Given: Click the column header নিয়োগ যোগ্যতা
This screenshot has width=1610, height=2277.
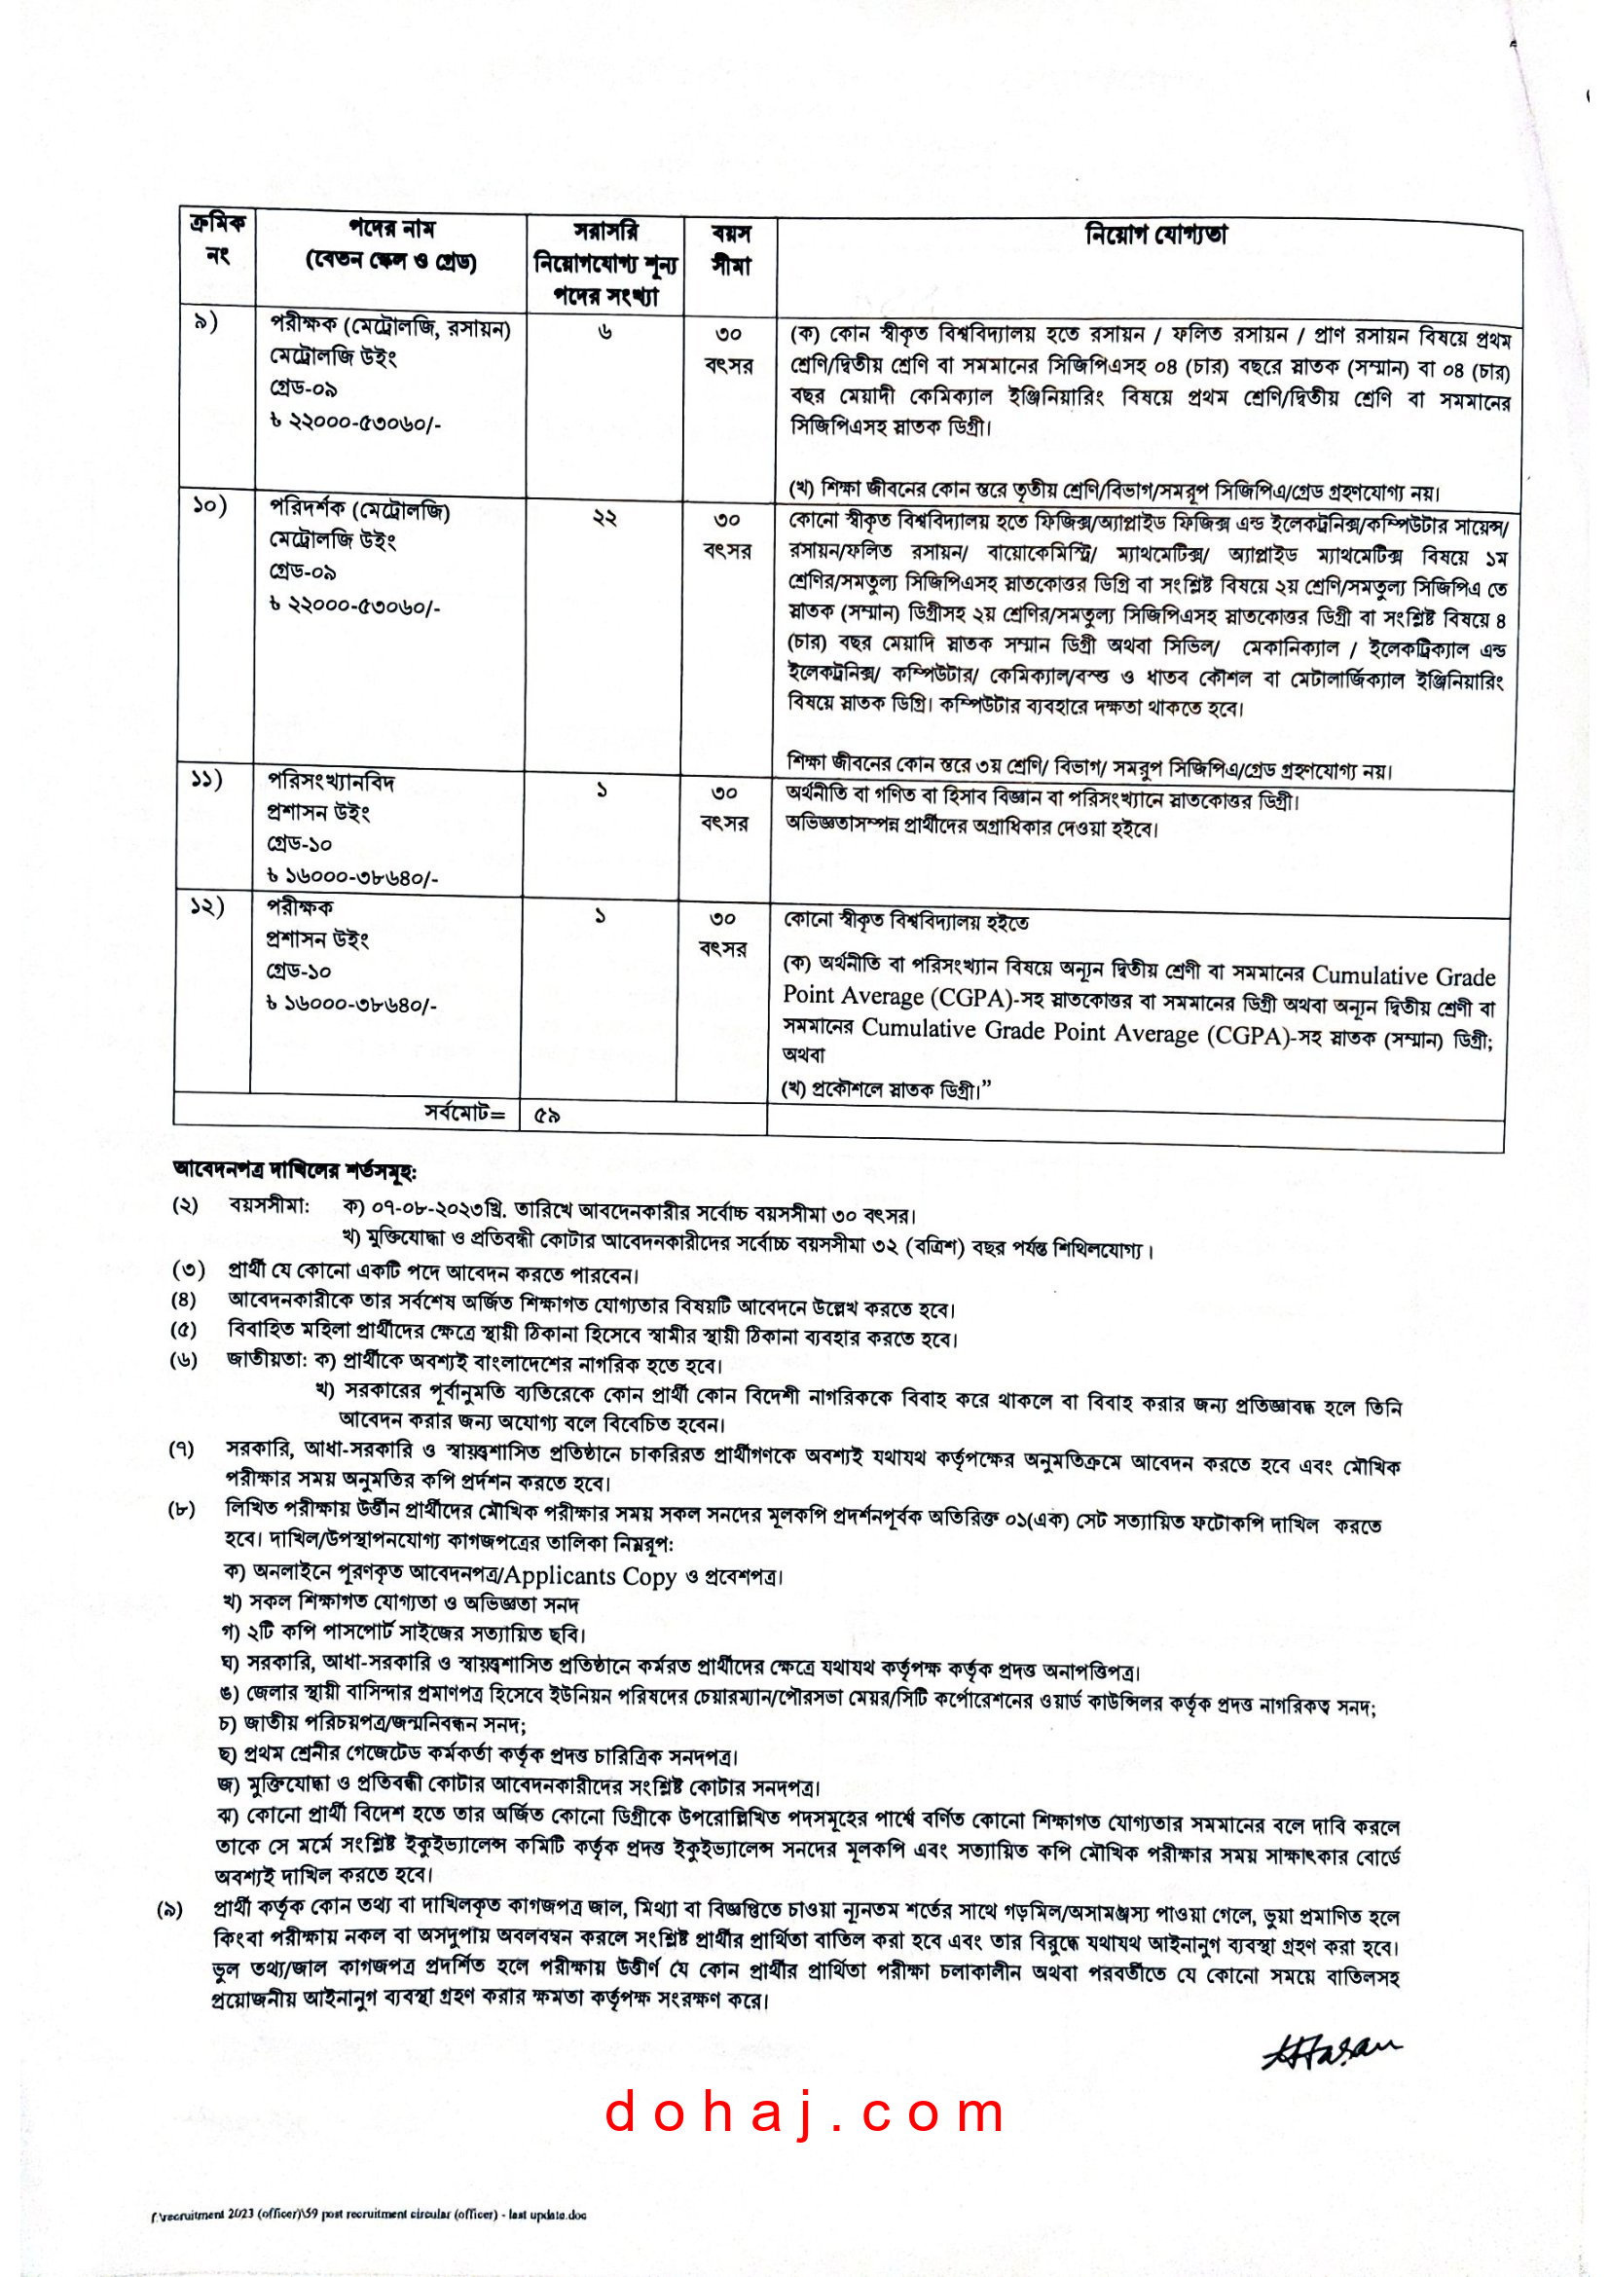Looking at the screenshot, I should (1156, 235).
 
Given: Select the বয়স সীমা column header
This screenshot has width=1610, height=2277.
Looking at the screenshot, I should (731, 250).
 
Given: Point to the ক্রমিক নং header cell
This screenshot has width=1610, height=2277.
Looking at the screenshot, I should (217, 239).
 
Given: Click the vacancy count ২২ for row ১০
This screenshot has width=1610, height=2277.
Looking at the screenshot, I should (604, 518).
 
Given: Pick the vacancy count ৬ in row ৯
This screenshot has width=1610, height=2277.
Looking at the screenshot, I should (604, 333).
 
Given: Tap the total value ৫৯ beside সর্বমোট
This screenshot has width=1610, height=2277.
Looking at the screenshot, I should (547, 1115).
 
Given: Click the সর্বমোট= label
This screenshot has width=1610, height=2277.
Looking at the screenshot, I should (465, 1113).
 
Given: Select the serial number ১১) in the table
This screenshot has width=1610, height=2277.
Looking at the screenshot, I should (207, 780).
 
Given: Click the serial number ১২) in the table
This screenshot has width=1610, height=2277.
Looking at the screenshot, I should (207, 905).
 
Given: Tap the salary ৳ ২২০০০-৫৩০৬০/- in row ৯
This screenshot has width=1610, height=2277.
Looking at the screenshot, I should (355, 422).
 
